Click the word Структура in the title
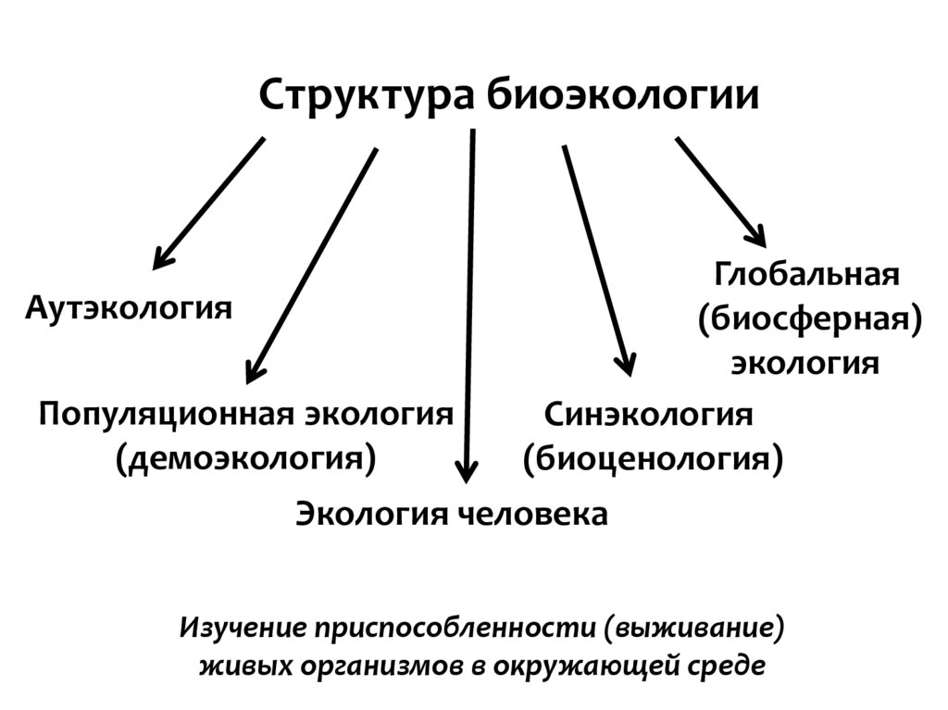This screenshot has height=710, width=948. pyautogui.click(x=366, y=95)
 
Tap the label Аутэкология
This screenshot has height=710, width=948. pyautogui.click(x=129, y=306)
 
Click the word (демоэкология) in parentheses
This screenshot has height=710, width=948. pyautogui.click(x=246, y=457)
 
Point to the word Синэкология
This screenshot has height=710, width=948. pyautogui.click(x=648, y=414)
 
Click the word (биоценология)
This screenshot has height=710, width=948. pyautogui.click(x=654, y=457)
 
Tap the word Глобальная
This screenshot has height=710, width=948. pyautogui.click(x=806, y=275)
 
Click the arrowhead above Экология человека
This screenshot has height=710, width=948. pyautogui.click(x=467, y=472)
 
